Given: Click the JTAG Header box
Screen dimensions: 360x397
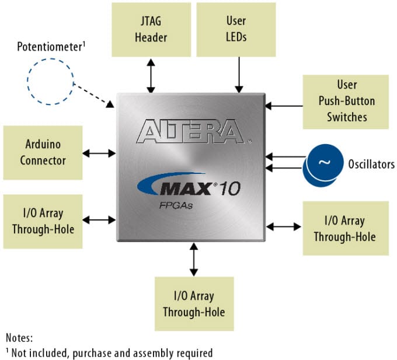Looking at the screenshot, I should (x=151, y=30).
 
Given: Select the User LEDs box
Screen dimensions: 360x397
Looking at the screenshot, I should (x=236, y=30).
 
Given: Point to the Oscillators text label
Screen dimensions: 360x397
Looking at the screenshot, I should (x=371, y=165).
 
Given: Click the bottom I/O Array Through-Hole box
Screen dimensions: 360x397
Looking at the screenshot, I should (x=194, y=304).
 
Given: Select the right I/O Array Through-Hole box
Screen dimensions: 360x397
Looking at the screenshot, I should (x=344, y=228).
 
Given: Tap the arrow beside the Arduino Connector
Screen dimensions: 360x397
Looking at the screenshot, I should (x=99, y=153).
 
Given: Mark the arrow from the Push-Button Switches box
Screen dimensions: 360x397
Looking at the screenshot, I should (x=283, y=106).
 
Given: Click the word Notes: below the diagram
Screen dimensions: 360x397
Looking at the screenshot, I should (x=20, y=338).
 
